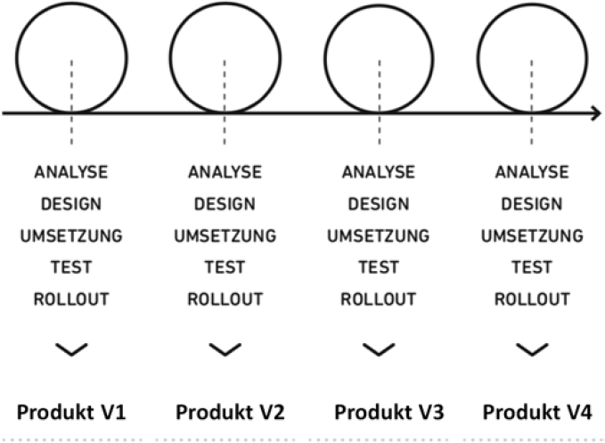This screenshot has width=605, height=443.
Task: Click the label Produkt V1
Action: (x=71, y=413)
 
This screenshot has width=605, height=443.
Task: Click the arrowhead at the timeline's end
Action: (x=595, y=113)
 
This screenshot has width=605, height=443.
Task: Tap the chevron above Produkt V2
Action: (x=225, y=350)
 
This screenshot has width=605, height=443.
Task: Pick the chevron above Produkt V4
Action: (x=532, y=350)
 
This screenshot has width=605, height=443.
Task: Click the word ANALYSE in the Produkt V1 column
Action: (x=71, y=171)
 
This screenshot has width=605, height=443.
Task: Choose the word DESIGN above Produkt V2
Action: (x=225, y=203)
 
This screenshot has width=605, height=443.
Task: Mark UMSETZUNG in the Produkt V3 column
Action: (x=378, y=235)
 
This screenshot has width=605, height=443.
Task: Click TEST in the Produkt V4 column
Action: (x=532, y=267)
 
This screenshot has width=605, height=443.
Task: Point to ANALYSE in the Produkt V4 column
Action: (x=532, y=171)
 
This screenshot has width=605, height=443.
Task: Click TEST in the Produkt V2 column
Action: (x=225, y=267)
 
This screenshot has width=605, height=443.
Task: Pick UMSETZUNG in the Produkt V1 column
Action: (x=71, y=235)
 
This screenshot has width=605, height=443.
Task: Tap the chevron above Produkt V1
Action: (x=71, y=350)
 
